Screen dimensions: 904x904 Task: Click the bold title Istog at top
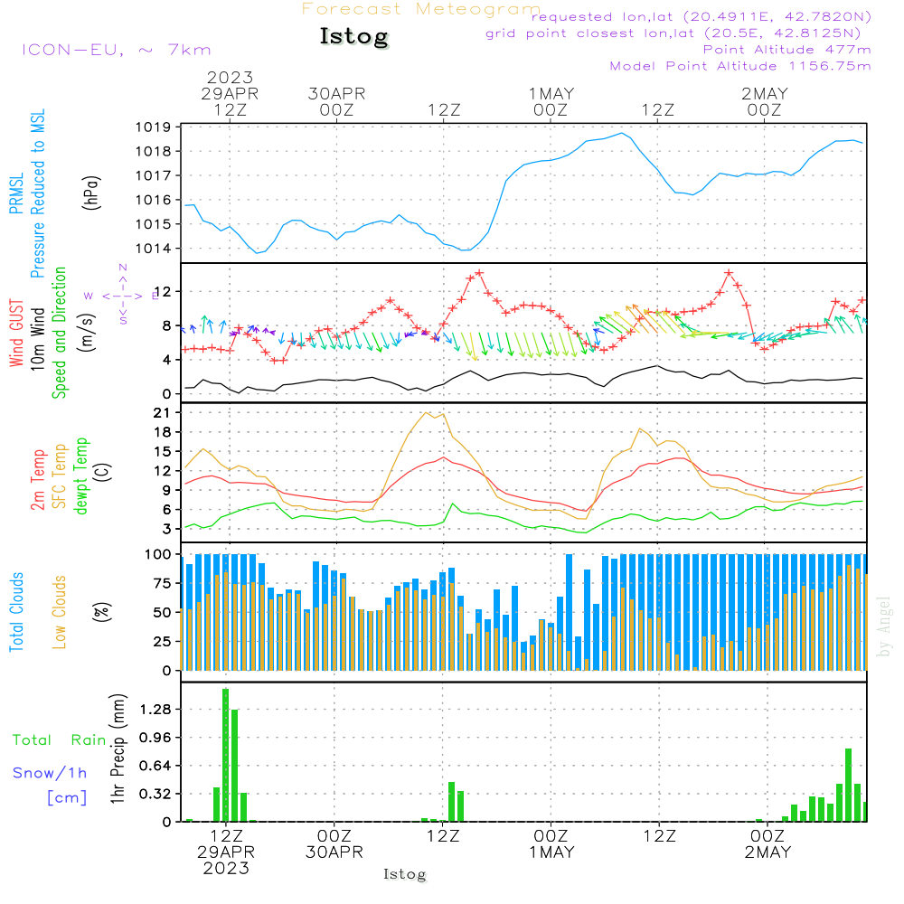point(353,37)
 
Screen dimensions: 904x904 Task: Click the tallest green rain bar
point(225,755)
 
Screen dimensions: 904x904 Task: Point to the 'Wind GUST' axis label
point(16,334)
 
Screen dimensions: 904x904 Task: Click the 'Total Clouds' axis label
point(16,612)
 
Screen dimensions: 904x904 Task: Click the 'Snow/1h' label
point(50,773)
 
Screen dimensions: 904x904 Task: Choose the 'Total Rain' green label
point(59,740)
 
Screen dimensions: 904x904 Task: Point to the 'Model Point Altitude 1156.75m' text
point(740,66)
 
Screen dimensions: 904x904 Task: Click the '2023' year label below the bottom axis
point(226,869)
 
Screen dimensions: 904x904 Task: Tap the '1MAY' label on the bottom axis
point(551,852)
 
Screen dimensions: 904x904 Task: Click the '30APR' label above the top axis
point(336,94)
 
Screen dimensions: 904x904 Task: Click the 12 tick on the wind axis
point(166,291)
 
